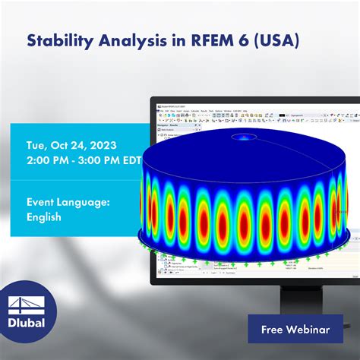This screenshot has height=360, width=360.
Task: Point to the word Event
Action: (x=45, y=202)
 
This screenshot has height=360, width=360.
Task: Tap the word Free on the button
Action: (x=276, y=330)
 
